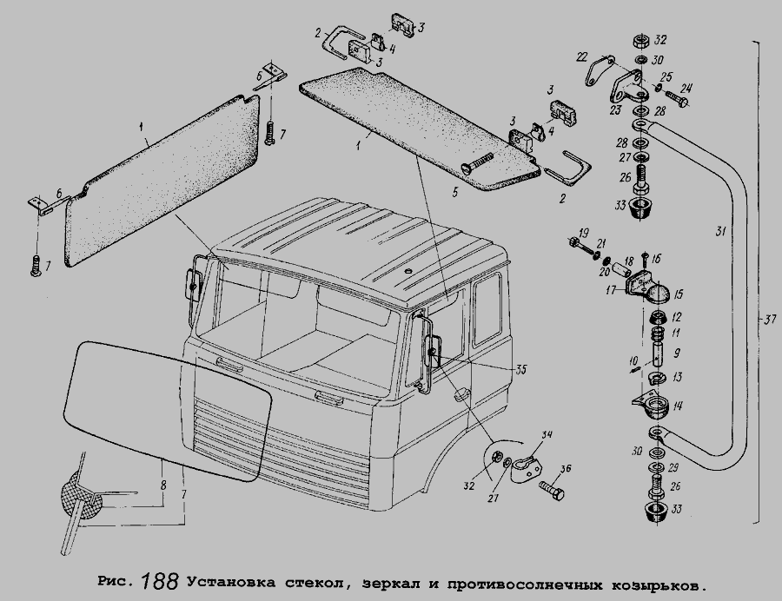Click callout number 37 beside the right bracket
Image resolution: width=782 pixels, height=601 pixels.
tap(770, 320)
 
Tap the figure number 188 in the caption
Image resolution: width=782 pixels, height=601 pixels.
tap(160, 581)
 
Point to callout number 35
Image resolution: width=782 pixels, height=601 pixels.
tap(521, 370)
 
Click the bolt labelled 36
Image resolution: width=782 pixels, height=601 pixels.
tap(551, 489)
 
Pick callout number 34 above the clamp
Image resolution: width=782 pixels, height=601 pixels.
tap(547, 435)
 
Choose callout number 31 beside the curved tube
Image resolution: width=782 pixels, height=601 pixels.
tap(720, 231)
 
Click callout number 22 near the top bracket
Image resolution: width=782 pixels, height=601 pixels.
tap(581, 58)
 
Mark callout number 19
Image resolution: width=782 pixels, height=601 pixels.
tap(584, 233)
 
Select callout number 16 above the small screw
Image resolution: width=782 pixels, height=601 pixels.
tap(656, 259)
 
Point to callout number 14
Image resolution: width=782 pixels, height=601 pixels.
tap(677, 406)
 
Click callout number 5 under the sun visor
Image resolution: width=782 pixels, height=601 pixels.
tap(454, 192)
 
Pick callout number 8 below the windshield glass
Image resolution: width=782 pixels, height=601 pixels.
tap(163, 485)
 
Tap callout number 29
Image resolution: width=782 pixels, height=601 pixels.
tap(673, 468)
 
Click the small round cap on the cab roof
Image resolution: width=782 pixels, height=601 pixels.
tap(409, 270)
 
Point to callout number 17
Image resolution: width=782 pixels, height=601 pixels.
tap(612, 288)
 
